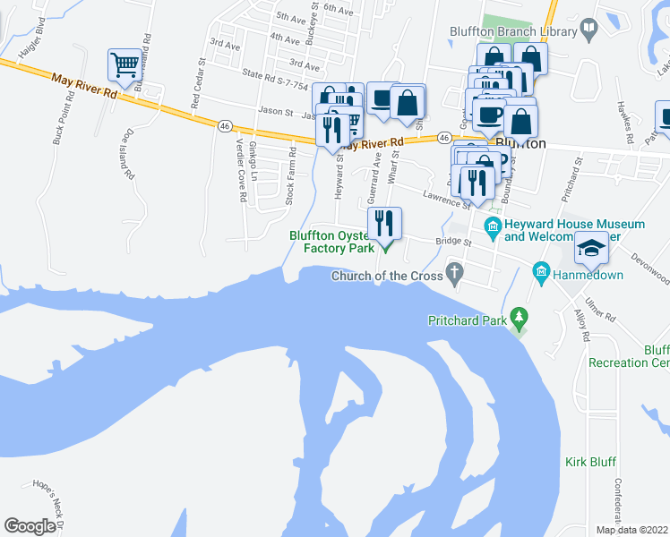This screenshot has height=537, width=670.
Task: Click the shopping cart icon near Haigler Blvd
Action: coord(125,64)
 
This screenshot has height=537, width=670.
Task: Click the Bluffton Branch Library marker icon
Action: coord(588,29)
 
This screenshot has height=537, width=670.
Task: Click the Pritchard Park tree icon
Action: coord(517,318)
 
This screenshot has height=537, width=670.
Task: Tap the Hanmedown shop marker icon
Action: coord(540,269)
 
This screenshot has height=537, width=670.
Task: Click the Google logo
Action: coord(30,526)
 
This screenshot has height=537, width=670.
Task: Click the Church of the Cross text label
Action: coord(387,276)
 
